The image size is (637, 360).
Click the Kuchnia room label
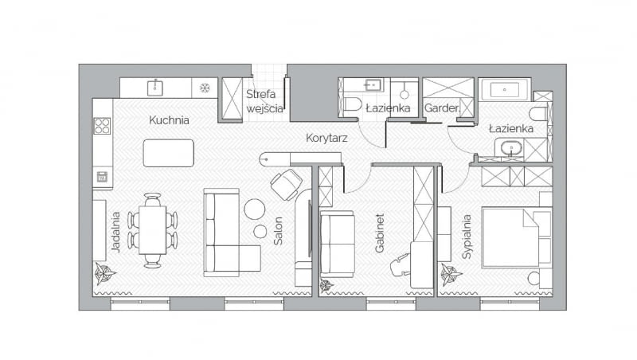point(168,121)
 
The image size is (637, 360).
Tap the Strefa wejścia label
point(264,101)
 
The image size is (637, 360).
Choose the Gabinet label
point(380,233)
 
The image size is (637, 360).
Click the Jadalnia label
point(116,231)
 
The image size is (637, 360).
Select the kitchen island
point(168,153)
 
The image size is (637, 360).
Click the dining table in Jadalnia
point(153,229)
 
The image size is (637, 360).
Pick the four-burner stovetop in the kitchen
point(102,125)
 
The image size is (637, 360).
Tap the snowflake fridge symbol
point(205,87)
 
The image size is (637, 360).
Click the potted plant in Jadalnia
point(105,275)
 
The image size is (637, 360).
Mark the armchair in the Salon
point(285,185)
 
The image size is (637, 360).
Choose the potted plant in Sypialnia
point(451,276)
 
